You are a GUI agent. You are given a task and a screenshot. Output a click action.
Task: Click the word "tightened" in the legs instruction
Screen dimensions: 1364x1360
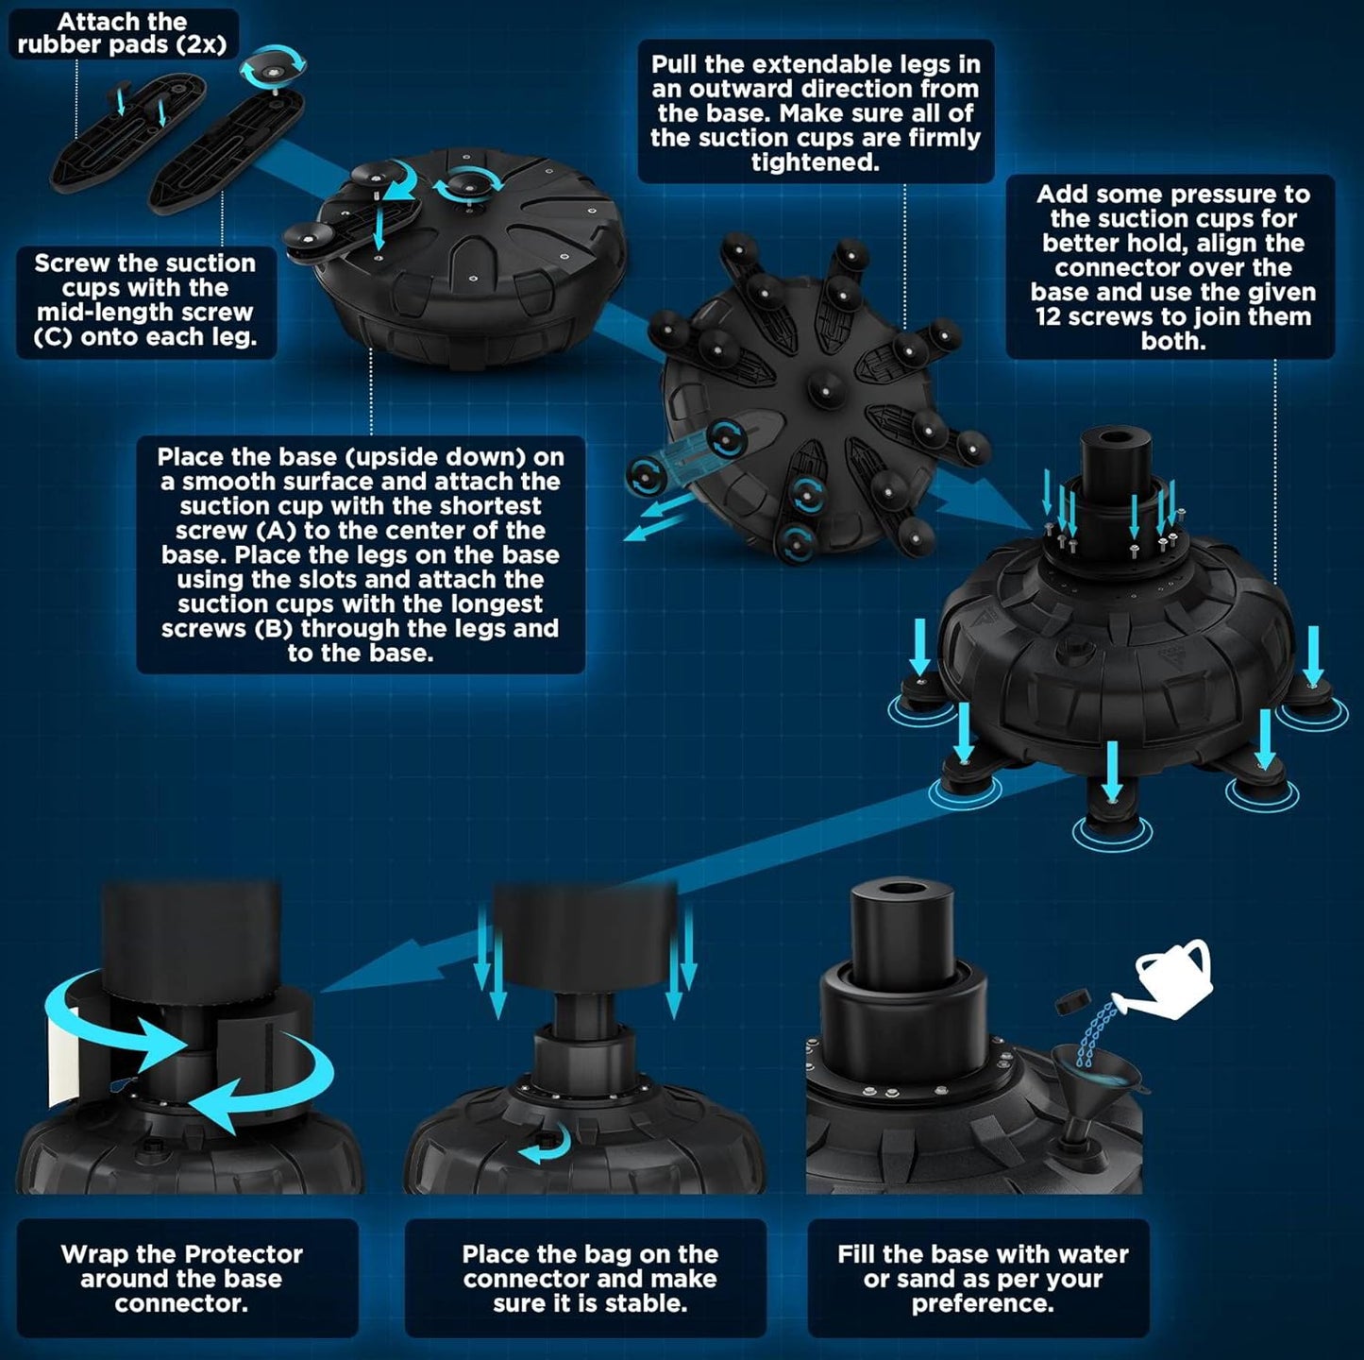(x=815, y=162)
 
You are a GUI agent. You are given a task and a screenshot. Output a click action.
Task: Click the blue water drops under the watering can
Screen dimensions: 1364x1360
(x=1091, y=1033)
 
